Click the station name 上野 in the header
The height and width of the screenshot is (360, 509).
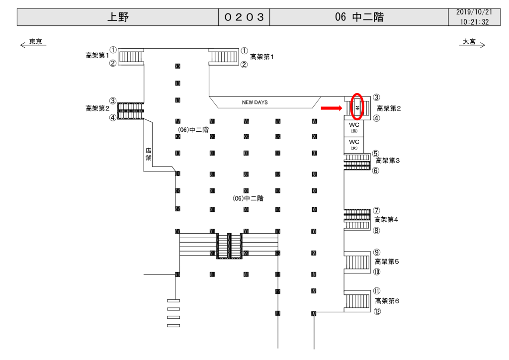point(118,17)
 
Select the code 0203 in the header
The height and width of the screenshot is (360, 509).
point(244,17)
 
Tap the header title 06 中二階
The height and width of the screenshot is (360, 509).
point(359,17)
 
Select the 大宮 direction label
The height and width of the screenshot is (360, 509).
point(469,42)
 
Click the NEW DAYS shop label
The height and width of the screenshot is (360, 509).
point(254,102)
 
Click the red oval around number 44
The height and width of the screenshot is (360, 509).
point(357,106)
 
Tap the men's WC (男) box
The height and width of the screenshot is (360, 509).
point(354,127)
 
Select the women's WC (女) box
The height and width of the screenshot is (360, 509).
point(354,145)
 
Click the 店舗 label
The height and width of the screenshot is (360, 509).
point(148,154)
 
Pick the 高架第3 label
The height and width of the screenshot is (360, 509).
point(388,161)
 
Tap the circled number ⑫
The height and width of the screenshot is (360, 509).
point(377,312)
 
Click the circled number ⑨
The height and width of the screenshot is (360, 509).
point(377,252)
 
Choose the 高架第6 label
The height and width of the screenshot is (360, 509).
point(387,301)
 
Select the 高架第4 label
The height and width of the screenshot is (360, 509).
point(387,219)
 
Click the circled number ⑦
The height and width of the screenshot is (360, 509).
point(377,210)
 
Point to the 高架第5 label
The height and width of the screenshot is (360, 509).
point(387,262)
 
